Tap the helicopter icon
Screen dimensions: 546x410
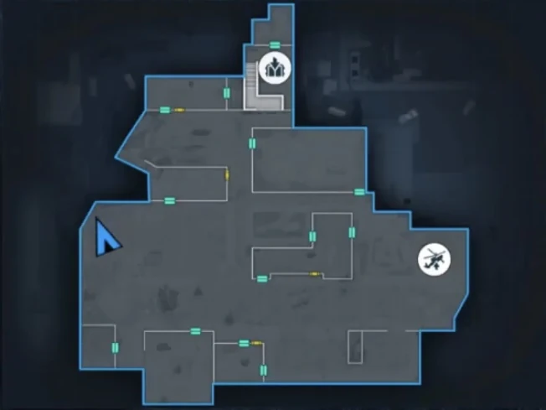[433, 258]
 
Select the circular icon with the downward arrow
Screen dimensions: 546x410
[275, 66]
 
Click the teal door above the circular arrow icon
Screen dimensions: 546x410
[275, 44]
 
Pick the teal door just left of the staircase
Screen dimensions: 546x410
[227, 92]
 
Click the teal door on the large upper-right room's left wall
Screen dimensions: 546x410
[252, 144]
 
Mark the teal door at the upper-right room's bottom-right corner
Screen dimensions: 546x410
[359, 192]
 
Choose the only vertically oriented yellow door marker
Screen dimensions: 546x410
[228, 175]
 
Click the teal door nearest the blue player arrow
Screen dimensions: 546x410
[169, 200]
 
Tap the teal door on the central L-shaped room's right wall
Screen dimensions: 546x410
[352, 233]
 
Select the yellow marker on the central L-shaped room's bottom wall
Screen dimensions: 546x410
[314, 274]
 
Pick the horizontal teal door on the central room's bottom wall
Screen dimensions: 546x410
[262, 278]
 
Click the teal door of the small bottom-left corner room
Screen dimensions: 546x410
[115, 348]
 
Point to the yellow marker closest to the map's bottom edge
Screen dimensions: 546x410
[255, 342]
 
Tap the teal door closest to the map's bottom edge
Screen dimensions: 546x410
[264, 370]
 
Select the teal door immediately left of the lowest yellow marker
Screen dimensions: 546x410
[244, 342]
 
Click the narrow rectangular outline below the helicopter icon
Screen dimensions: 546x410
[355, 345]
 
